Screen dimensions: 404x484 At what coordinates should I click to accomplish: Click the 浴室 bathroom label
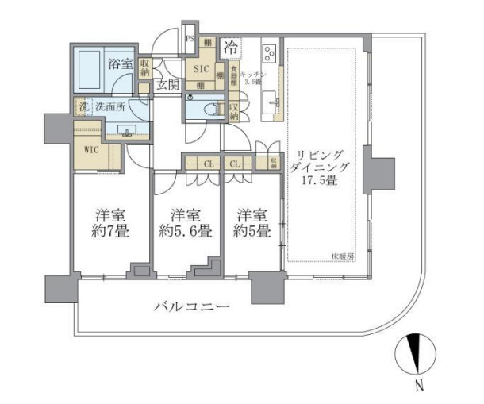[120, 63]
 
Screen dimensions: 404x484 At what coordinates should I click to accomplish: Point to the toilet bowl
[208, 109]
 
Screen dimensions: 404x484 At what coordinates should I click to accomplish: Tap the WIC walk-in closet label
[90, 148]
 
